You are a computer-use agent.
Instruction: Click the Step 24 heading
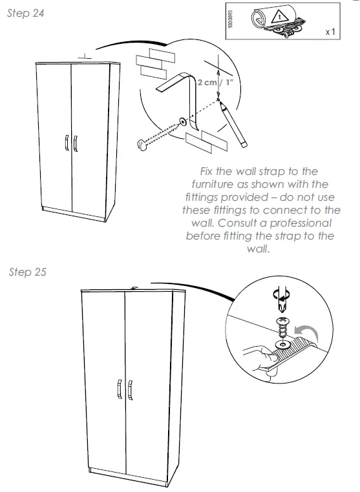[26, 14]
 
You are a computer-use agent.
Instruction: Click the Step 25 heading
[28, 272]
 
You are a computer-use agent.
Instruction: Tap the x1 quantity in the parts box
[329, 31]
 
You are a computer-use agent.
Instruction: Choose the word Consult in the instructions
[238, 223]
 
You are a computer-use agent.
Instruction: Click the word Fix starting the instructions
[209, 171]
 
